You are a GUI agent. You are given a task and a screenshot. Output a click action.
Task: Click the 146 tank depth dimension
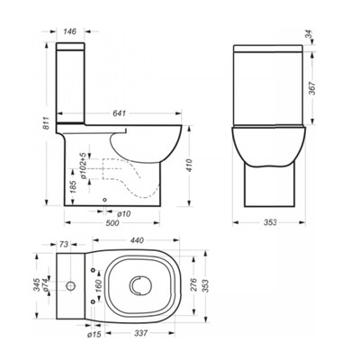pos(70,31)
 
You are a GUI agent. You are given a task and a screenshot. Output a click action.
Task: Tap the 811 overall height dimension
pos(46,123)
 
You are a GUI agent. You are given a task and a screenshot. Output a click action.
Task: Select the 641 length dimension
pos(119,113)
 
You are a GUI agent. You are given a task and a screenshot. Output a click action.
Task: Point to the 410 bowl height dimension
pos(190,166)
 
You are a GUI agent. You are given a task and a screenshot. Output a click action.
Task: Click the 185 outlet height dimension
pos(74,186)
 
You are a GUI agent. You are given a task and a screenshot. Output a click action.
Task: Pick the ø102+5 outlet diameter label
pos(83,166)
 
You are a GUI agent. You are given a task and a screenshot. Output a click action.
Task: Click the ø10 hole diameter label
pos(124,214)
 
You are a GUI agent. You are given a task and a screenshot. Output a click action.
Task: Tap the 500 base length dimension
pos(112,223)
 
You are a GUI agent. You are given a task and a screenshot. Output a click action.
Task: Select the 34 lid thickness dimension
pos(308,35)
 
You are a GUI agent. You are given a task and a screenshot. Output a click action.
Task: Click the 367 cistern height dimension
pos(312,88)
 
